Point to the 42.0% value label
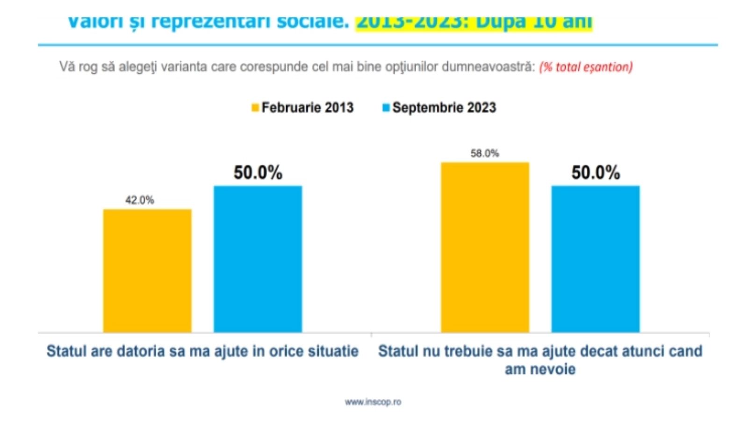tap(139, 200)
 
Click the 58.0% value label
tap(485, 153)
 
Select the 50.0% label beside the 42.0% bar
tap(258, 173)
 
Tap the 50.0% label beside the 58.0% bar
tap(596, 173)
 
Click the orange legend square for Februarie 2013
tap(255, 108)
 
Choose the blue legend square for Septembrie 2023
tap(386, 108)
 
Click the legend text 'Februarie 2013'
tap(307, 108)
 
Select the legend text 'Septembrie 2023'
tap(444, 108)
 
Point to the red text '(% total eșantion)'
tap(586, 67)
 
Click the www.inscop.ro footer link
tap(373, 402)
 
